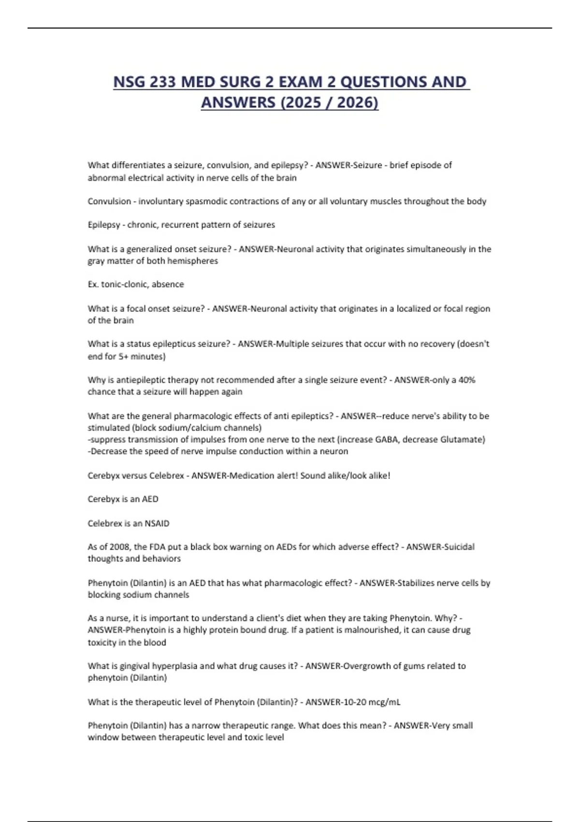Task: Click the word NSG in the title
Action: point(129,82)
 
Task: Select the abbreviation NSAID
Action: point(157,523)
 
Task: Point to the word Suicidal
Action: point(458,547)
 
